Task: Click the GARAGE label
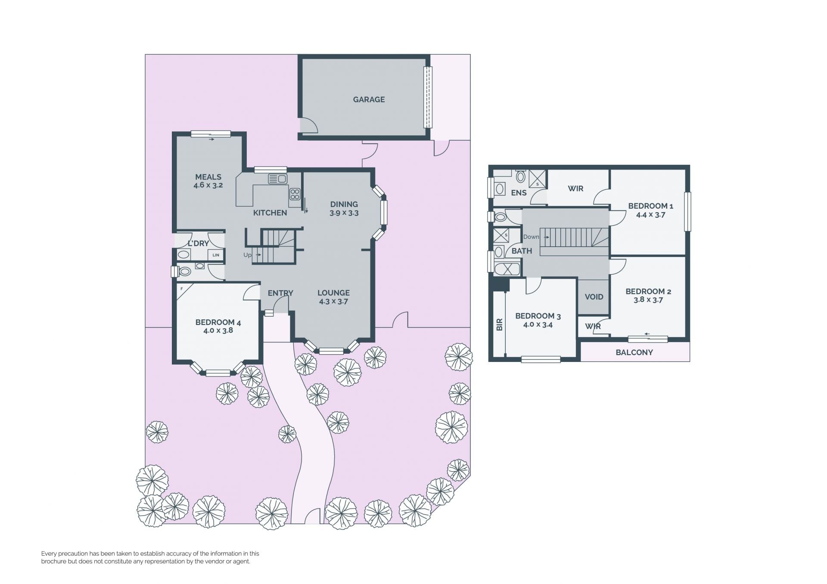point(369,99)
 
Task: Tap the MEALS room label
point(208,177)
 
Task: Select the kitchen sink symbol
point(277,179)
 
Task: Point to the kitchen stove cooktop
point(295,194)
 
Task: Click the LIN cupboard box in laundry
point(216,255)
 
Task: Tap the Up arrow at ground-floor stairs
point(258,255)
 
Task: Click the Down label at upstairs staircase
point(531,237)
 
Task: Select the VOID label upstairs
point(594,297)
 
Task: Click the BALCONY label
point(634,352)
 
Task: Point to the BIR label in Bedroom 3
point(500,324)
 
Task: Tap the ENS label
point(519,193)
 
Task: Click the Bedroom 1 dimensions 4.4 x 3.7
point(650,215)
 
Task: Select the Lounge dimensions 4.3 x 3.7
point(333,301)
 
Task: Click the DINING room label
point(344,204)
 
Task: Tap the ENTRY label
point(280,293)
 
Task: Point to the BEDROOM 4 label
point(218,322)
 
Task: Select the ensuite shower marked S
point(537,178)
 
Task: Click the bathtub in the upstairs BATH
point(507,269)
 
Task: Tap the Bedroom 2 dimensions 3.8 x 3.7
point(648,300)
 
